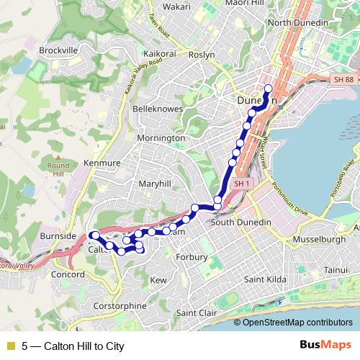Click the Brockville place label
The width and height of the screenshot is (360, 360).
58,50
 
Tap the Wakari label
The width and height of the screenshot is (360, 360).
176,6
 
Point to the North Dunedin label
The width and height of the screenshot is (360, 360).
298,23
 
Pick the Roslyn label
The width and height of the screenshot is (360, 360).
202,54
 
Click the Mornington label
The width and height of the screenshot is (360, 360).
161,138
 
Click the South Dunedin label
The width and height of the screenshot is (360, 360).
240,222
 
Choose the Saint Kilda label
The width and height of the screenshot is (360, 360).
266,279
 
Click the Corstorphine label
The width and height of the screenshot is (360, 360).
120,306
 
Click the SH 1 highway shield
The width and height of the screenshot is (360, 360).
241,183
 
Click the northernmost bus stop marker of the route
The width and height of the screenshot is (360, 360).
268,89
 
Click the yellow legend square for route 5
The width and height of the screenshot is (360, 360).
9,346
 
